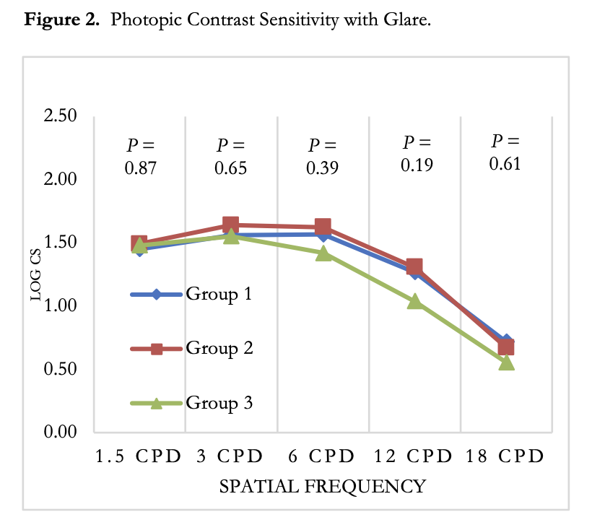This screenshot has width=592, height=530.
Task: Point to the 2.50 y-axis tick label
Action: point(61,116)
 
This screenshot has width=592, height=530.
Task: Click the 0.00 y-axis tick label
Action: point(61,432)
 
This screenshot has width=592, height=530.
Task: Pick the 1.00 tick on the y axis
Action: point(61,305)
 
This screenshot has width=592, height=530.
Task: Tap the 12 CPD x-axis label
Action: point(414,456)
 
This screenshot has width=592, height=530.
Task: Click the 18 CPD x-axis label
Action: point(505,456)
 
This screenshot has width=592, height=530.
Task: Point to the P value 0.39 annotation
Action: point(323,157)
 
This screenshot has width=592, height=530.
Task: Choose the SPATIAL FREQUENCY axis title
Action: point(322,486)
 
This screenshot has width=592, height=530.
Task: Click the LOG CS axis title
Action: point(35,274)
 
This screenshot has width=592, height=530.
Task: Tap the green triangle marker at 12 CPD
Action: point(414,301)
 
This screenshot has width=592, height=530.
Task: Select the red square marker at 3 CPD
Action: point(231,225)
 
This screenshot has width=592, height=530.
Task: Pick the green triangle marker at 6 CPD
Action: point(323,253)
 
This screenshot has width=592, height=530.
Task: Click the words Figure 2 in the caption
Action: point(62,19)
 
